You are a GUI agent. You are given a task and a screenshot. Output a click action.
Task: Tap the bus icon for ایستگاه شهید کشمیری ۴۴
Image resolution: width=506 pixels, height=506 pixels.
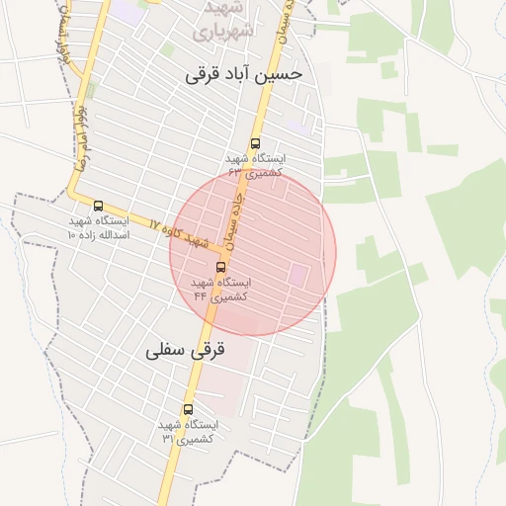(219, 267)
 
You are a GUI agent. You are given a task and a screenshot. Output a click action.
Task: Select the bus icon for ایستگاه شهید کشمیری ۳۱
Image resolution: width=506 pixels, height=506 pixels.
(188, 409)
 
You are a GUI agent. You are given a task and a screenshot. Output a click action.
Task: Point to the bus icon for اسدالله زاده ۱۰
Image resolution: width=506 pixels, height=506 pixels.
(97, 206)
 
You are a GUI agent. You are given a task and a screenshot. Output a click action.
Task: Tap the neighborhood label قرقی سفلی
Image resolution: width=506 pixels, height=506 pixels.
(186, 350)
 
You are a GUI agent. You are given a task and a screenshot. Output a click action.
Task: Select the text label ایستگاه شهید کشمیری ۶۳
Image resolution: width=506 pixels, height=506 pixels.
(255, 165)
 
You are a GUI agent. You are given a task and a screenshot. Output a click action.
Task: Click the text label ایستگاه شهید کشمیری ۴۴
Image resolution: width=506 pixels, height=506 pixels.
(219, 289)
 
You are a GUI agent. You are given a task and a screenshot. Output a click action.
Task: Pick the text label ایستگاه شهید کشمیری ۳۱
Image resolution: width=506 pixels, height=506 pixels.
(188, 431)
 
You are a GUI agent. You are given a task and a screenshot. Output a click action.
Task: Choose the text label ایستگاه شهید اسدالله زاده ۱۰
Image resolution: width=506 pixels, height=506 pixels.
(97, 228)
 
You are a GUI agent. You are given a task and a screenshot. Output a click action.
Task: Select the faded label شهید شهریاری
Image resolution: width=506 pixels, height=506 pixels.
(225, 20)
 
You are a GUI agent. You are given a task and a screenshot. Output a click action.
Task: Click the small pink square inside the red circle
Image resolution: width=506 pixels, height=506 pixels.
(297, 273)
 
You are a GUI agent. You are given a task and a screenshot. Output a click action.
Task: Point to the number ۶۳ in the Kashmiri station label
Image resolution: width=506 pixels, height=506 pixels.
(234, 172)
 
